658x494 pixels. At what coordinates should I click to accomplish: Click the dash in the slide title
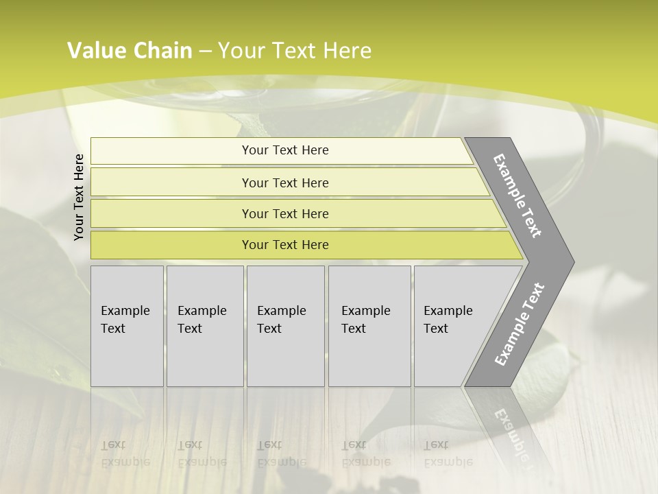tap(205, 51)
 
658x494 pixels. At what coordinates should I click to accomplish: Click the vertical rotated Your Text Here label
tap(79, 197)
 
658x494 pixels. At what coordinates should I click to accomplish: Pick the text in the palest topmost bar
tap(285, 150)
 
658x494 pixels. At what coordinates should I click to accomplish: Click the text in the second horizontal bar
tap(285, 183)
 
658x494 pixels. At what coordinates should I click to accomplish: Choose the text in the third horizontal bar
tap(285, 214)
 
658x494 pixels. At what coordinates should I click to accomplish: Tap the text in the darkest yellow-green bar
tap(285, 245)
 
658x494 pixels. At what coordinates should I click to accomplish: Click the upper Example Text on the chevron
tap(517, 196)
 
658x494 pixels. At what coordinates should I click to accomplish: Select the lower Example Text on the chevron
tap(519, 325)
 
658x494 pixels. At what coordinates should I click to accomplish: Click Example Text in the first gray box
tap(125, 320)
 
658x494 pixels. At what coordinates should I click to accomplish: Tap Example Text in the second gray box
tap(202, 320)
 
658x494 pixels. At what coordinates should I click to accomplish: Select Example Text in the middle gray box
tap(281, 320)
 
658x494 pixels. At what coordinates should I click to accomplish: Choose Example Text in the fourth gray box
tap(365, 320)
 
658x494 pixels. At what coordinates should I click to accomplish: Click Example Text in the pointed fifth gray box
tap(448, 320)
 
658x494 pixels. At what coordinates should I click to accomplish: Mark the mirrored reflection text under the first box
tap(125, 454)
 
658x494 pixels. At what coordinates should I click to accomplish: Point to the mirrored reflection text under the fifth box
tap(448, 454)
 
